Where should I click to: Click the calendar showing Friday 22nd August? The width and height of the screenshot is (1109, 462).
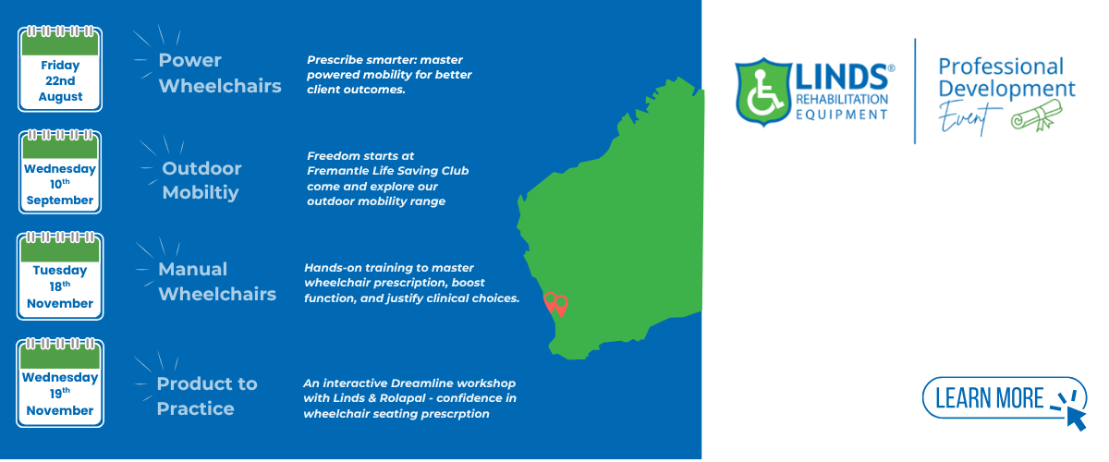[x=60, y=68]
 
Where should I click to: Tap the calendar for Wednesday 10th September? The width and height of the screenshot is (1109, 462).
[x=60, y=171]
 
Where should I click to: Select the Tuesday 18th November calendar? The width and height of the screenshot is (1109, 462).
[x=60, y=275]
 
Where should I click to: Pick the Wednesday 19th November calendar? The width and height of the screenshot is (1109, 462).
[x=60, y=383]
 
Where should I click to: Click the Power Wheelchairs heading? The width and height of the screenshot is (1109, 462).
[x=220, y=73]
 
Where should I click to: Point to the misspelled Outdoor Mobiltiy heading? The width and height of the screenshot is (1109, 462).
[x=201, y=180]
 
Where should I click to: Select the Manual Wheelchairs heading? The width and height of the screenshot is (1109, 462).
[x=217, y=282]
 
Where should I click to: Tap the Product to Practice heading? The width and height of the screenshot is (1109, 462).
[x=207, y=396]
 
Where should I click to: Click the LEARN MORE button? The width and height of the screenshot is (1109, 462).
[x=1004, y=398]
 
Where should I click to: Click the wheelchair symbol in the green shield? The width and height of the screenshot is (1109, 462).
[x=764, y=91]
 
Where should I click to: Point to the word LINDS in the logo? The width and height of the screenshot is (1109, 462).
[x=841, y=78]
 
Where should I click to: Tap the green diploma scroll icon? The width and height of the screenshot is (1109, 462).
[x=1037, y=115]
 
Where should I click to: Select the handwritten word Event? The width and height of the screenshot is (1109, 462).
[x=963, y=118]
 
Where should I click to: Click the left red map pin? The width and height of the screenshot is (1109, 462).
[x=550, y=302]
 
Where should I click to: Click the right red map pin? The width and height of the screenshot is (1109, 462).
[x=561, y=306]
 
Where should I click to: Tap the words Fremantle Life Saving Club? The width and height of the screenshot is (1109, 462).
[x=387, y=171]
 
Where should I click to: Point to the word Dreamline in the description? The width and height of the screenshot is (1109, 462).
[x=420, y=383]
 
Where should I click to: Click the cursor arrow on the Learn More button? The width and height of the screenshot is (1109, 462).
[x=1077, y=419]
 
